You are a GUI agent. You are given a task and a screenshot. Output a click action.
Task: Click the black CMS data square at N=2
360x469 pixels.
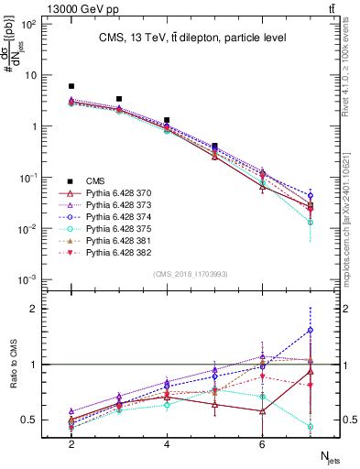pyautogui.click(x=71, y=86)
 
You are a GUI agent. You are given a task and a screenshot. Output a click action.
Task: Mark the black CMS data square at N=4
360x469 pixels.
pyautogui.click(x=167, y=120)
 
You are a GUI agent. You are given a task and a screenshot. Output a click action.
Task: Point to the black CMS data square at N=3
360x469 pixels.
pyautogui.click(x=119, y=99)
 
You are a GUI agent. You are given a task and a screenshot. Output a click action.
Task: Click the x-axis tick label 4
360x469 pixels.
pyautogui.click(x=167, y=443)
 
